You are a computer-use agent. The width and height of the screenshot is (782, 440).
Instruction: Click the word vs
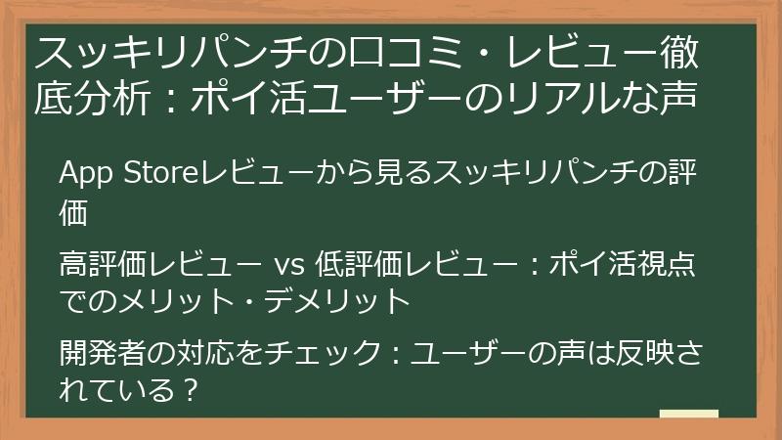click(x=288, y=266)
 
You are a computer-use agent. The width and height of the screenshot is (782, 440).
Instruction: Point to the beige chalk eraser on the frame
click(x=688, y=416)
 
